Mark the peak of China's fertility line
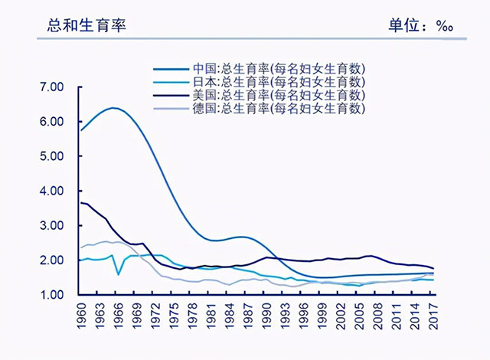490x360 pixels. pyautogui.click(x=114, y=108)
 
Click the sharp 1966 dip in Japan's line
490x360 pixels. pyautogui.click(x=118, y=273)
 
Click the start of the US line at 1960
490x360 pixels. pyautogui.click(x=81, y=202)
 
